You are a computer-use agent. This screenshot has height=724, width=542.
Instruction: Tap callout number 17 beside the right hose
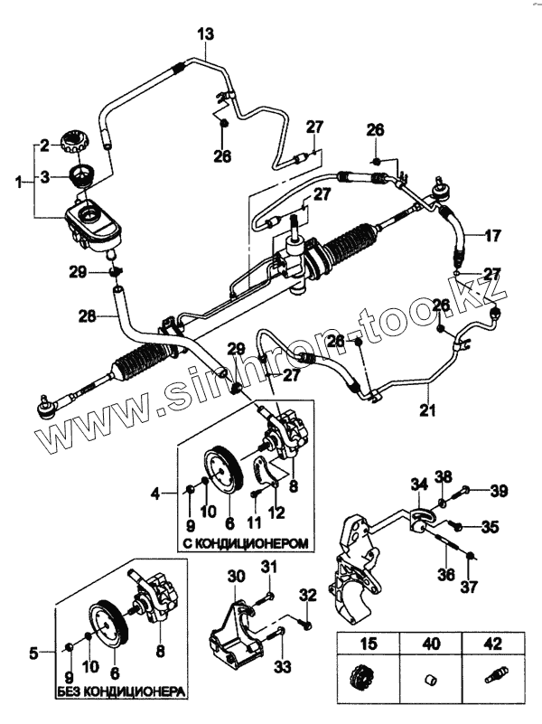click(492, 237)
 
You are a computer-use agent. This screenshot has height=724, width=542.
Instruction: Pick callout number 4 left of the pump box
click(156, 494)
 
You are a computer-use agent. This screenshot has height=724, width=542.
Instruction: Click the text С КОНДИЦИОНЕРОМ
click(245, 544)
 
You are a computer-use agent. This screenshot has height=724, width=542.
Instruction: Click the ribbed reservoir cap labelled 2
click(73, 142)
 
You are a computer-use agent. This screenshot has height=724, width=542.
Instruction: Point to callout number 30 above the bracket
click(236, 577)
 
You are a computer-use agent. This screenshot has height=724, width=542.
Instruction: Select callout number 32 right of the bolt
click(308, 596)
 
